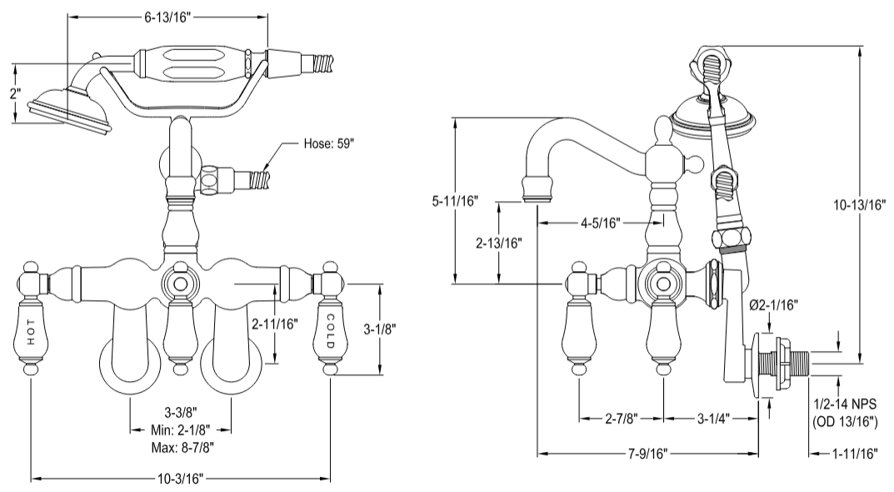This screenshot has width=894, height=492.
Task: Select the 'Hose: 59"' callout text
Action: tap(330, 145)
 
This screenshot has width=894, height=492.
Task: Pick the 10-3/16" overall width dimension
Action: tap(181, 479)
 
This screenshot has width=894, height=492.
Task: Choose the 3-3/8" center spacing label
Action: tap(180, 413)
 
